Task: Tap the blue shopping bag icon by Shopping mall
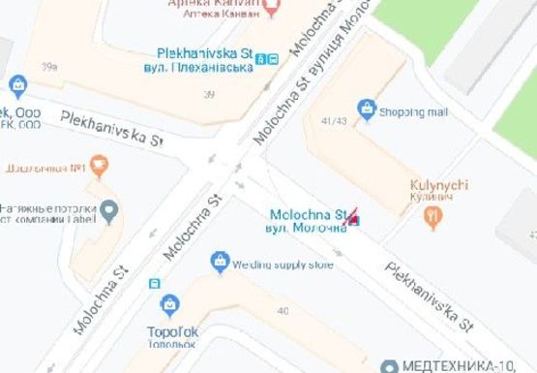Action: (x=367, y=109)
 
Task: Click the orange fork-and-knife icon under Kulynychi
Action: (x=433, y=220)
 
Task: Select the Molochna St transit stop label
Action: (x=307, y=218)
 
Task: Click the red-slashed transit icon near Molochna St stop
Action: (x=354, y=218)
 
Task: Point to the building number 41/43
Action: (x=334, y=121)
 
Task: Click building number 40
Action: (x=283, y=310)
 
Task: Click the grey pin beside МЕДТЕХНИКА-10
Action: (x=389, y=366)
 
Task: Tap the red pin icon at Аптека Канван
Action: (x=272, y=9)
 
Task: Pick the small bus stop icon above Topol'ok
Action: (x=154, y=284)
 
